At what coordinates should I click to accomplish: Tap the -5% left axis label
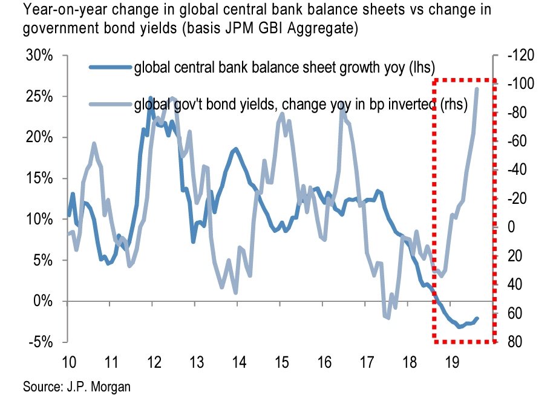click(41, 342)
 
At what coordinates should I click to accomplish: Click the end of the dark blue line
click(477, 318)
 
